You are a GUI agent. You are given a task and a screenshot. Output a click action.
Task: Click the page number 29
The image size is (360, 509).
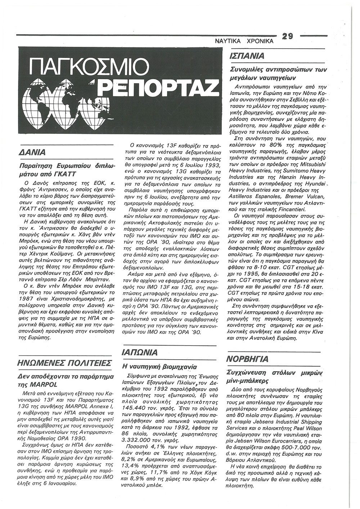pyautogui.click(x=288, y=36)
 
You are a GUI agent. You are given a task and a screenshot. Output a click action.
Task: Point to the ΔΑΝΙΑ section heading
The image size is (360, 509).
pyautogui.click(x=32, y=152)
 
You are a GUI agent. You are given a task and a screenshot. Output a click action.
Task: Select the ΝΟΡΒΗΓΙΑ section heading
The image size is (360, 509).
pyautogui.click(x=248, y=359)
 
